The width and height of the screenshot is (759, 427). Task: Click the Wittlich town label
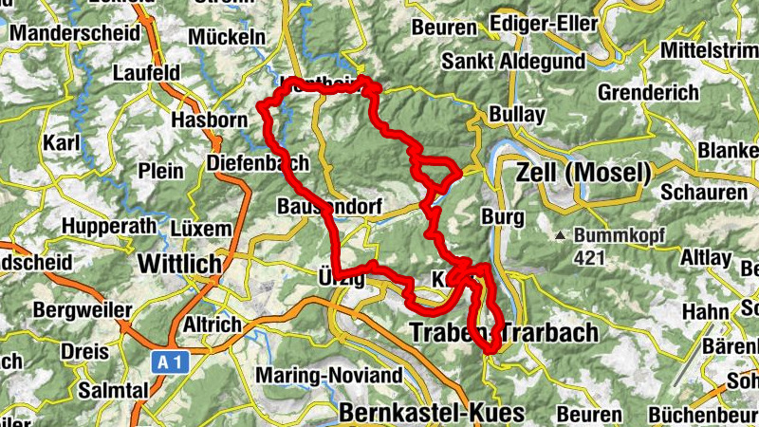click(x=179, y=263)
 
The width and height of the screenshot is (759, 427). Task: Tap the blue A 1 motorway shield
click(x=169, y=362)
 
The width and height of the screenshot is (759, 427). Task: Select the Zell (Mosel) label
click(x=583, y=173)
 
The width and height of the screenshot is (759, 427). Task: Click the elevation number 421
click(x=590, y=257)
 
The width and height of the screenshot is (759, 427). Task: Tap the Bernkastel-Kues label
click(x=431, y=413)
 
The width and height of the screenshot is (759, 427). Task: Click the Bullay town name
click(x=518, y=115)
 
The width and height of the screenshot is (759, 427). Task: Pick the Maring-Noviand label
click(x=329, y=375)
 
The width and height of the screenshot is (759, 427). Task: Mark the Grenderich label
click(x=648, y=94)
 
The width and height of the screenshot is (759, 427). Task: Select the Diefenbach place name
click(x=258, y=164)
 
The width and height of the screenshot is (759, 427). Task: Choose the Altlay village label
click(x=706, y=257)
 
